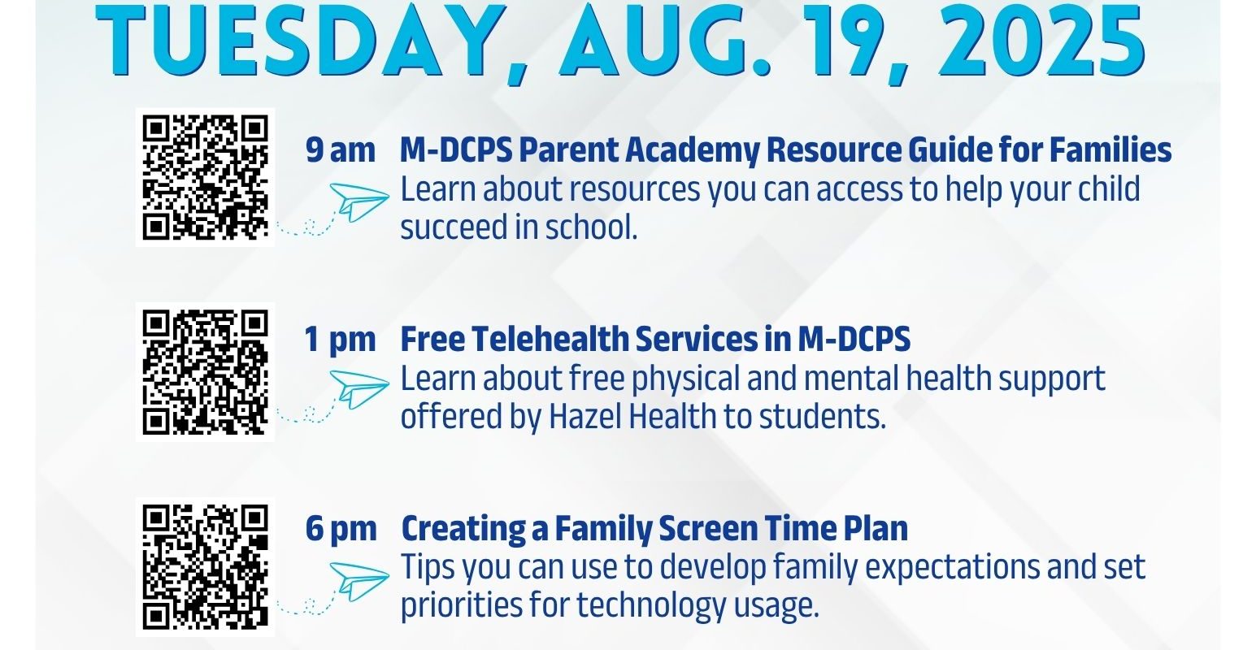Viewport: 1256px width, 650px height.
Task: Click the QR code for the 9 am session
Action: pos(205,177)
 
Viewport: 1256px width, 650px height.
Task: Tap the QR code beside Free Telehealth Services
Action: pos(205,372)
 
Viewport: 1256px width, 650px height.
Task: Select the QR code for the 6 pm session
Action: pos(205,566)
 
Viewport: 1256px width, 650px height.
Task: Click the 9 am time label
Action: pos(341,151)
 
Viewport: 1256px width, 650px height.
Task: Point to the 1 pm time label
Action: pos(340,340)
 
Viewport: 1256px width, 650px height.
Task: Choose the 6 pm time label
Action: pos(341,529)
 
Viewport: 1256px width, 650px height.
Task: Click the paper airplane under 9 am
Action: pos(359,201)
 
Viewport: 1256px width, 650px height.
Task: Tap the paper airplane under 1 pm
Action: pos(359,389)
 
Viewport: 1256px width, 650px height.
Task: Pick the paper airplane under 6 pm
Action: pos(359,582)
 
